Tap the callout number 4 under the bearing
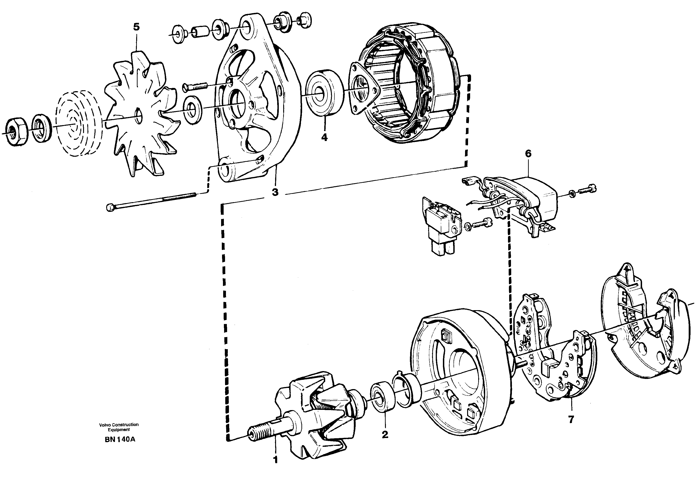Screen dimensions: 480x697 324,138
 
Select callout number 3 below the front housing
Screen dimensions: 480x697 275,192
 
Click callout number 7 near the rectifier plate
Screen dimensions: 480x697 571,419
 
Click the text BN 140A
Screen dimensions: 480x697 120,439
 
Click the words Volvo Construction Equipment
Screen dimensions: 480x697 119,427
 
